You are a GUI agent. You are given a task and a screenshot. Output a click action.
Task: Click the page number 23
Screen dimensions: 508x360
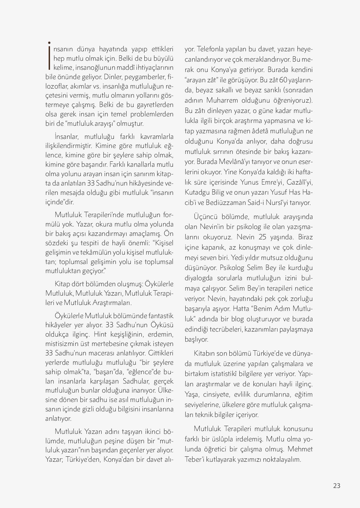tap(337, 485)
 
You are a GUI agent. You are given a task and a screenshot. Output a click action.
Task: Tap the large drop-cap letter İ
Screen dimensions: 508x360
tap(49, 55)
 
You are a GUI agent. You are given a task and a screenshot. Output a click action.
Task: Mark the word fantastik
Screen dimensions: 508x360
tap(161, 316)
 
